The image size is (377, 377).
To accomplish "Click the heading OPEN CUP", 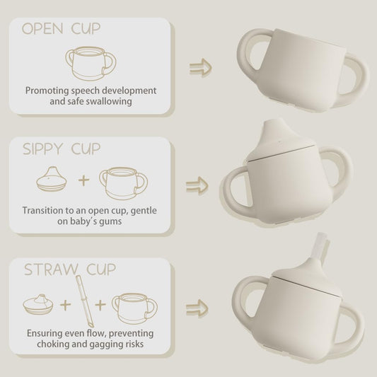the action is (61, 28).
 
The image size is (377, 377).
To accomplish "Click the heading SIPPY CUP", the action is (62, 149).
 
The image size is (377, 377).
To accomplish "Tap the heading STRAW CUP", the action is (70, 269).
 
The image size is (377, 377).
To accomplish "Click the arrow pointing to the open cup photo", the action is (200, 68).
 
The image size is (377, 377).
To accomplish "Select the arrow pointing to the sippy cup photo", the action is (197, 186).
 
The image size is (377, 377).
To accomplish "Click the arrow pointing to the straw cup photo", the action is (197, 308).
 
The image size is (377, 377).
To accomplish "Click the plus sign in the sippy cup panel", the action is (84, 180).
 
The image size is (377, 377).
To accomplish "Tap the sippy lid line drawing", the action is (52, 179).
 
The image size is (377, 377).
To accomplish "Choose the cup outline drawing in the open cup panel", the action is (91, 64).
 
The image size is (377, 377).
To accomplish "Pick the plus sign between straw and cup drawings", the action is (100, 305).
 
